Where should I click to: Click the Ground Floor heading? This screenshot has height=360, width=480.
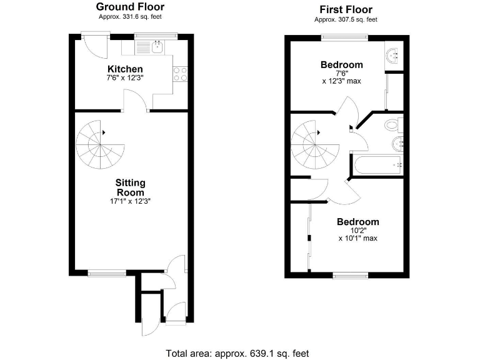(130, 7)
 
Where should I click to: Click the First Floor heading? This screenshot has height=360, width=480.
(346, 9)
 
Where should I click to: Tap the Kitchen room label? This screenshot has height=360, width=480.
(125, 69)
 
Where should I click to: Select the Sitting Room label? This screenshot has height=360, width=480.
(131, 187)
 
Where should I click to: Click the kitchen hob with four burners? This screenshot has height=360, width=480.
(181, 74)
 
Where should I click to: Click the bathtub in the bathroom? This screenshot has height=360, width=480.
(377, 165)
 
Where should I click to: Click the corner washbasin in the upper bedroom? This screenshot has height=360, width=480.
(394, 55)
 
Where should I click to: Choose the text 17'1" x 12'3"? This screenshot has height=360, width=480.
(131, 202)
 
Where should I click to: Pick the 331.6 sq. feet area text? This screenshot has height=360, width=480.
(130, 17)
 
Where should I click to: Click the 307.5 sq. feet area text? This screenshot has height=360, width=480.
(346, 19)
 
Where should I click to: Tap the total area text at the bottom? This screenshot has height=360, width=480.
(237, 353)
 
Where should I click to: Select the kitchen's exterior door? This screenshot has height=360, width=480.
(96, 44)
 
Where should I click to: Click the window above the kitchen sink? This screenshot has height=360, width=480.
(156, 36)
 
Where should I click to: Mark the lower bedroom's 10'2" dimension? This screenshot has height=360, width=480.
(357, 231)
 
